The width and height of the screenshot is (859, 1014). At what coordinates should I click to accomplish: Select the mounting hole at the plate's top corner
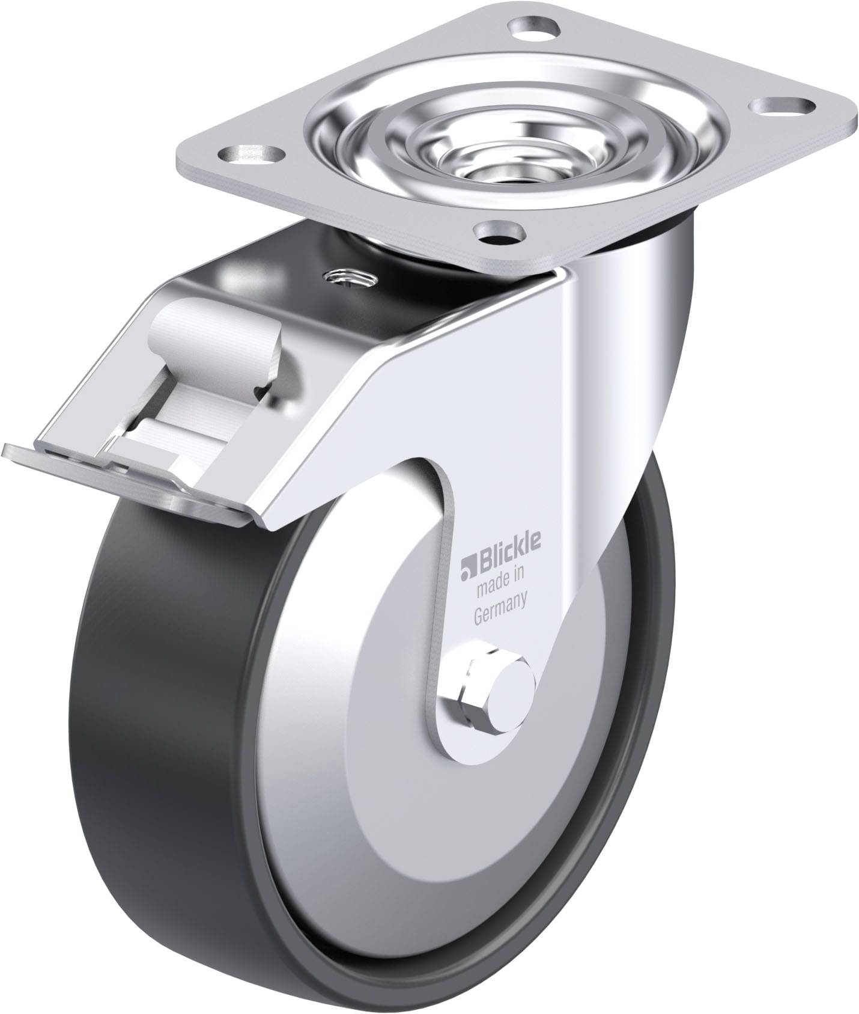pyautogui.click(x=533, y=28)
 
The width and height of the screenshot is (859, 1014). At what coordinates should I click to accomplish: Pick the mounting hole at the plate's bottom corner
pyautogui.click(x=498, y=233)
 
